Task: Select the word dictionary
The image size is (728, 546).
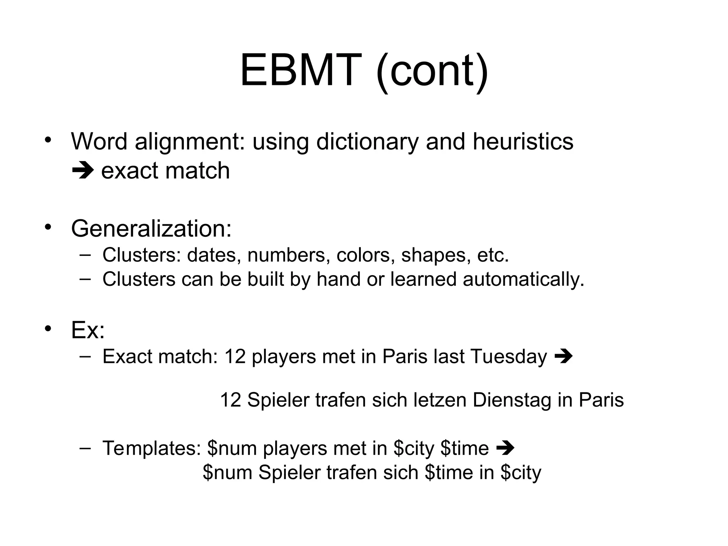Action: point(367,142)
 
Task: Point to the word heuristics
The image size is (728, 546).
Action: point(523,141)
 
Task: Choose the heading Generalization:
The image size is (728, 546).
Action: point(151,228)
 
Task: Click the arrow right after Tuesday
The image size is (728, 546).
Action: point(563,356)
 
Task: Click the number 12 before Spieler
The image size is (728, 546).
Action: point(231,400)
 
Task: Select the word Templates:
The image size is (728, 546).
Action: point(152,448)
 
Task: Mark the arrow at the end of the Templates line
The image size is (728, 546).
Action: point(505,448)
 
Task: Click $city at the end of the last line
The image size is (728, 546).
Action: point(520,473)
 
